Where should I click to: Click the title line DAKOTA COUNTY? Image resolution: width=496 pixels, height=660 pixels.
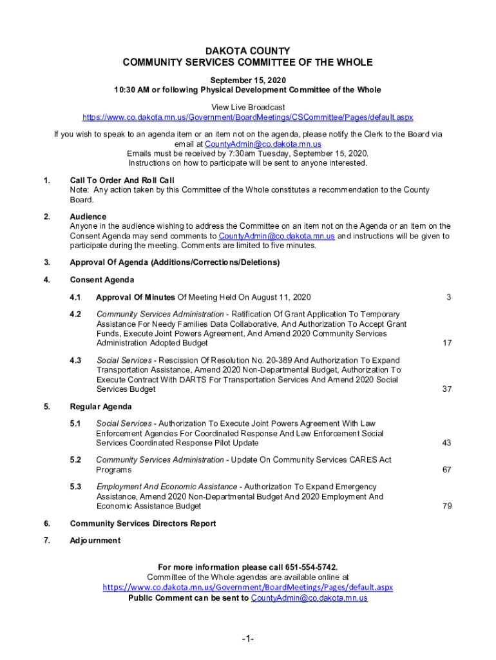(247, 51)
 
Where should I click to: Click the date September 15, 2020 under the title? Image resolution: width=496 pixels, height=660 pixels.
(247, 79)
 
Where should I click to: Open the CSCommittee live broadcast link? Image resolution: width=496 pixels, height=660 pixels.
(247, 117)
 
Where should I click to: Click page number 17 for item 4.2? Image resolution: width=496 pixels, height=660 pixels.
(447, 344)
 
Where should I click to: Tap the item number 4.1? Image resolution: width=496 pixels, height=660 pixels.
(76, 297)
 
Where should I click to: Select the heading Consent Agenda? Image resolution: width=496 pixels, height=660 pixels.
(102, 280)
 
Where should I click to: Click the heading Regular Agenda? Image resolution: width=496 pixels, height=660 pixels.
(100, 407)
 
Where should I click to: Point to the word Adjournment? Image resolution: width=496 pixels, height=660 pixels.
(95, 541)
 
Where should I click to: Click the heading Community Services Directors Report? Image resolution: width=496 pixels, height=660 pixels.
(143, 523)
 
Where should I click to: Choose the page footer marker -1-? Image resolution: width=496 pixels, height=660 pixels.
(248, 639)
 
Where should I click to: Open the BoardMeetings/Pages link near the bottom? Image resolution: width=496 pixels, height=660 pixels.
(247, 588)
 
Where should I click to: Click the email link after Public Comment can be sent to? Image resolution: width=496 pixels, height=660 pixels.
(309, 598)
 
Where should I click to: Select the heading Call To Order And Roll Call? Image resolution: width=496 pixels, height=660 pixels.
(122, 180)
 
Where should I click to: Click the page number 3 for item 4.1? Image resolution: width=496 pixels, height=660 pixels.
(448, 297)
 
